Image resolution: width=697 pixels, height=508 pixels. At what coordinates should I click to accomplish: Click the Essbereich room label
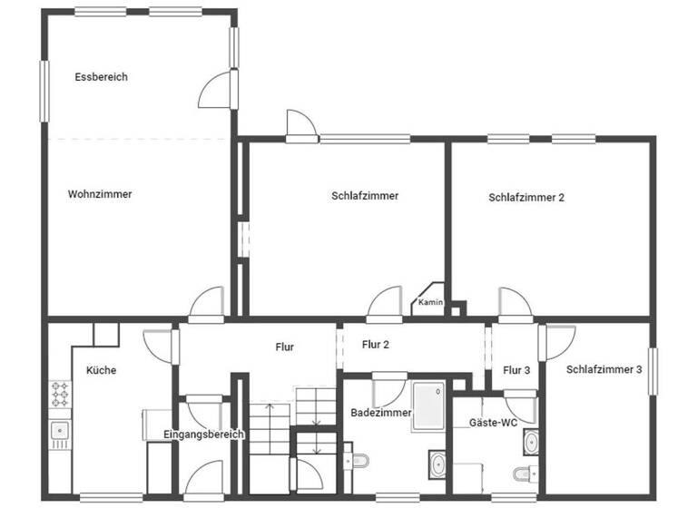tap(101, 77)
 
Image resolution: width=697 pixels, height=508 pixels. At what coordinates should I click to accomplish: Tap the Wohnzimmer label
tap(100, 194)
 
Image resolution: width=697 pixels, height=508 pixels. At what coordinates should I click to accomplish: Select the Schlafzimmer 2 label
tap(526, 197)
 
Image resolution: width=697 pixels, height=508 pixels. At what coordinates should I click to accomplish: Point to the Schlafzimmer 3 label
tap(604, 369)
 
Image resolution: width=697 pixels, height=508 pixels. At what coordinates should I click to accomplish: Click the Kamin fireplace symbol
tap(429, 301)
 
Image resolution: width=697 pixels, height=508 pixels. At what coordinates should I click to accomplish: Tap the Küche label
tap(101, 370)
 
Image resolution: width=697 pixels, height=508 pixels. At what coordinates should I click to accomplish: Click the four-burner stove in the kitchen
tap(60, 395)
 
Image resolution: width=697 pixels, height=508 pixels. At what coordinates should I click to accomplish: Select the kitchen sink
tap(60, 431)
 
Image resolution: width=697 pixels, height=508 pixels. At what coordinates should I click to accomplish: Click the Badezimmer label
tap(381, 413)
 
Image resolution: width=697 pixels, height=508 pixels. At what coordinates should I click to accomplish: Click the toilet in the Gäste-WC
tap(525, 474)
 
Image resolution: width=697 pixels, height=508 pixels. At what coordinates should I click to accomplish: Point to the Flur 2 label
tap(376, 345)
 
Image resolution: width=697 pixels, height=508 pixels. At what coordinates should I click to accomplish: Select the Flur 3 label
tap(516, 369)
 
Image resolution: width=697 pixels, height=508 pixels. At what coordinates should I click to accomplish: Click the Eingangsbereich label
tap(203, 435)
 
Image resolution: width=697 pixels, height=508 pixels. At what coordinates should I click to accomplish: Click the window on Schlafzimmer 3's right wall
tap(652, 370)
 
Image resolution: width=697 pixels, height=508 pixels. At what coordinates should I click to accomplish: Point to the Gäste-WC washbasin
tap(531, 442)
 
